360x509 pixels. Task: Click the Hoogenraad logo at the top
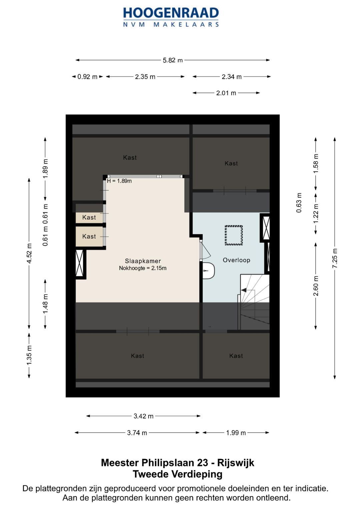click(171, 17)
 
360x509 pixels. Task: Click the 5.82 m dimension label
click(173, 60)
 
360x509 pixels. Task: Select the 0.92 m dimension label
click(87, 77)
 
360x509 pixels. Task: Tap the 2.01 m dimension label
click(226, 93)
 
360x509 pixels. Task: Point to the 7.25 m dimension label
click(335, 258)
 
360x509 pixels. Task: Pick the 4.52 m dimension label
click(29, 253)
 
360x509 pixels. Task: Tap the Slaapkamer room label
click(143, 261)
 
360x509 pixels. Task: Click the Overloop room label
click(236, 260)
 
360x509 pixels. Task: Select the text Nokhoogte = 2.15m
click(143, 268)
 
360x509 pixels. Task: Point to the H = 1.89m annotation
click(119, 181)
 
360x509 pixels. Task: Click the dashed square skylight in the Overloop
click(234, 235)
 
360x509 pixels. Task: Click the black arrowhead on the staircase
click(244, 290)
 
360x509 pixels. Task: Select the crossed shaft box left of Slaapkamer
click(80, 263)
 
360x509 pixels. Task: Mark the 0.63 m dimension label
click(299, 203)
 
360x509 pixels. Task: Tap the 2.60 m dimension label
click(316, 286)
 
